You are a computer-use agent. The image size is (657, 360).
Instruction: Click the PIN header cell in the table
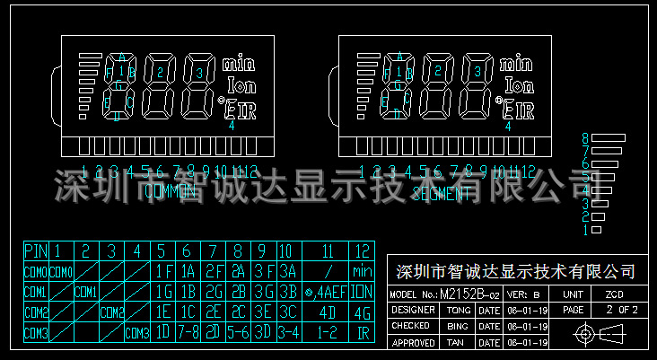[x=36, y=250]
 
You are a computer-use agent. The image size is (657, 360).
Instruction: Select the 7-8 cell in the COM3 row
[x=188, y=332]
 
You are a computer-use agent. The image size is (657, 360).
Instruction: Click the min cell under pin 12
[x=363, y=270]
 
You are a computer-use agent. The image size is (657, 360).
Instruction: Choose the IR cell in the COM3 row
[x=363, y=332]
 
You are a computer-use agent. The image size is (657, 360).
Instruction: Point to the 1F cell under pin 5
[x=163, y=270]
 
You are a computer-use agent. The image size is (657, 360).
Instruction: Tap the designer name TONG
[x=458, y=310]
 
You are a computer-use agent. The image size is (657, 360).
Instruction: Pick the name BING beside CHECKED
[x=458, y=326]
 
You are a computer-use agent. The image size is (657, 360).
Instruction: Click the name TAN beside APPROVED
[x=458, y=342]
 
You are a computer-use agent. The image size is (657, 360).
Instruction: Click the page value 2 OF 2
[x=620, y=310]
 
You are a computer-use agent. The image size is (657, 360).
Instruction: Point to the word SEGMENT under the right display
[x=440, y=192]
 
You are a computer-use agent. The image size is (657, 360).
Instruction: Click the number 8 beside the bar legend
[x=585, y=138]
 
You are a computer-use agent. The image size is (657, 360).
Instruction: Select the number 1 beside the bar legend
[x=585, y=230]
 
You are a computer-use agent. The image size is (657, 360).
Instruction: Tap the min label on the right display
[x=515, y=65]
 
